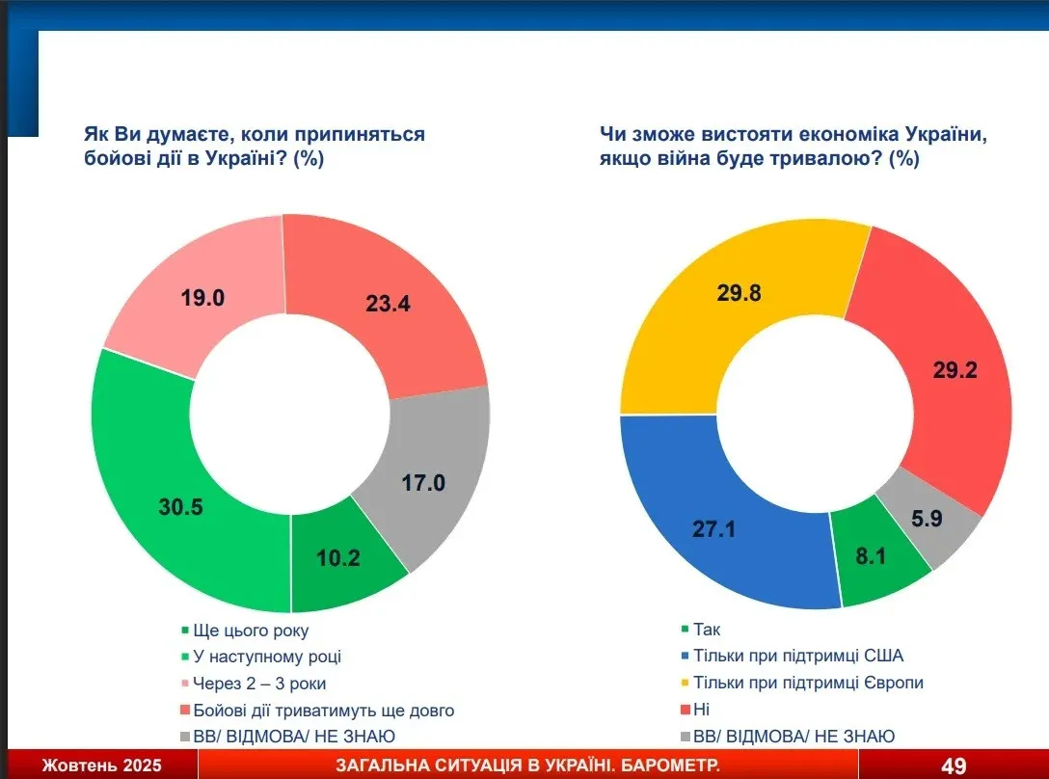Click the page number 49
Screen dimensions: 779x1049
(954, 766)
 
